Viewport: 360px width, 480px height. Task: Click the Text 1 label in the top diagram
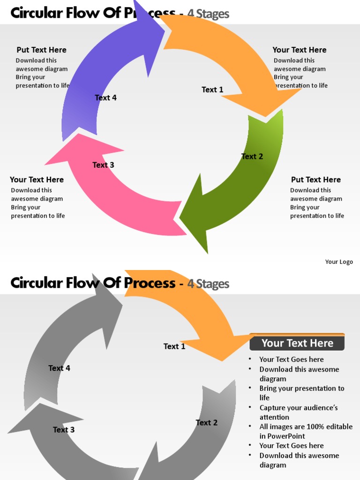(x=212, y=90)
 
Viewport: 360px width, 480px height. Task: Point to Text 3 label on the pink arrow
(x=103, y=165)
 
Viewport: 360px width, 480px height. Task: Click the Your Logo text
(x=339, y=262)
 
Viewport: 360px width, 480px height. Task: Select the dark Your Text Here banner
(x=297, y=343)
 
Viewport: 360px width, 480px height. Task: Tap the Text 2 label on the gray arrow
(x=206, y=423)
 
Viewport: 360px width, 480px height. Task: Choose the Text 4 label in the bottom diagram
(x=59, y=368)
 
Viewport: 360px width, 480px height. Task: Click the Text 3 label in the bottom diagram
(x=63, y=430)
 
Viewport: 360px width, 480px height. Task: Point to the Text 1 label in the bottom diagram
(x=174, y=346)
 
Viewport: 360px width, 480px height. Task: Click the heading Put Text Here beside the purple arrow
(x=41, y=50)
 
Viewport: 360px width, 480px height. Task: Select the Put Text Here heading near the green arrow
(x=315, y=180)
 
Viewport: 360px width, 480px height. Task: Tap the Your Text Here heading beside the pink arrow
(x=37, y=180)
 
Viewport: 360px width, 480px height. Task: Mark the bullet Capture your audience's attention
(x=298, y=412)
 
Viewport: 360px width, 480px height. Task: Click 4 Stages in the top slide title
(x=208, y=14)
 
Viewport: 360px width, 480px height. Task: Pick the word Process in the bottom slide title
(x=150, y=283)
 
